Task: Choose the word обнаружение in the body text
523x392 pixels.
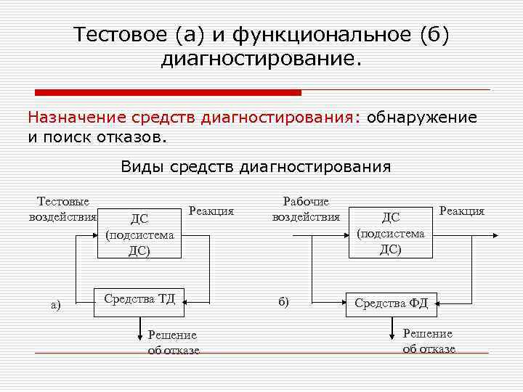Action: pyautogui.click(x=422, y=117)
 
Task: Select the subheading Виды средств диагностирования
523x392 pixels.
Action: pyautogui.click(x=256, y=167)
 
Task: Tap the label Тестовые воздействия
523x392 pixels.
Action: pyautogui.click(x=63, y=208)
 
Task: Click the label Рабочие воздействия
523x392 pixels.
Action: pyautogui.click(x=306, y=208)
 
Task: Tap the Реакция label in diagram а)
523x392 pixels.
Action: pyautogui.click(x=211, y=211)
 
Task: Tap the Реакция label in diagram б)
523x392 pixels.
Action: pyautogui.click(x=461, y=211)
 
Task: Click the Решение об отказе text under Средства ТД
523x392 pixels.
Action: pyautogui.click(x=172, y=342)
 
